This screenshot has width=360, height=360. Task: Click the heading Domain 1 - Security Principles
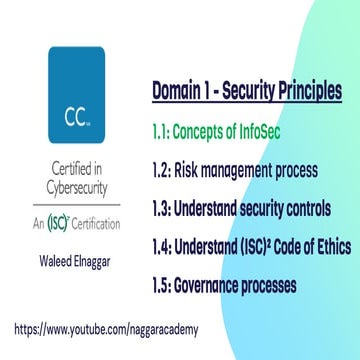click(x=246, y=91)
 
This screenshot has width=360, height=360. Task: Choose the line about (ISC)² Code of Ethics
click(x=251, y=247)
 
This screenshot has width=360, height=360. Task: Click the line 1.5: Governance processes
click(x=224, y=286)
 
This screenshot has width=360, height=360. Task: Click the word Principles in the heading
click(x=311, y=91)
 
